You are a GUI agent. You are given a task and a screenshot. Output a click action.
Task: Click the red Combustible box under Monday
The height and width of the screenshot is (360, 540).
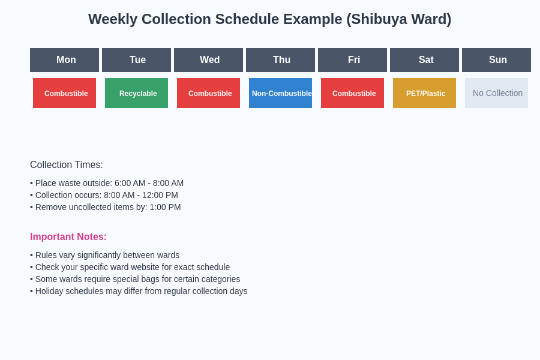(x=64, y=93)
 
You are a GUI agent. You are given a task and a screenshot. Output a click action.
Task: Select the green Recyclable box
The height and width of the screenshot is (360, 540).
(x=136, y=93)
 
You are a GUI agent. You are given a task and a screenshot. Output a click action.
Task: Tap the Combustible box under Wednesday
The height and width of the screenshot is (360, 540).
(x=208, y=93)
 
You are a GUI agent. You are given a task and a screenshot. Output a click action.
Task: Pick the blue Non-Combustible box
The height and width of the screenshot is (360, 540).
(x=280, y=93)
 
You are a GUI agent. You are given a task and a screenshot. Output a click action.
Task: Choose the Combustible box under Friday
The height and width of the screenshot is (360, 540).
(x=352, y=93)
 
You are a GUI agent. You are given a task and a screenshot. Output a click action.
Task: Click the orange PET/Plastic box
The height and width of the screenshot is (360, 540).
(x=424, y=93)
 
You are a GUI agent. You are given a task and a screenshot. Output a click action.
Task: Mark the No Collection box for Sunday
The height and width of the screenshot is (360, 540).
(x=496, y=93)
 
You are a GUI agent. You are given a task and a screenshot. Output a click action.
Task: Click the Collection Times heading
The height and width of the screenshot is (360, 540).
(x=67, y=165)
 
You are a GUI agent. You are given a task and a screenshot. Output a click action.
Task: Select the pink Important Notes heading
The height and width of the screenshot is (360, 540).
(x=68, y=237)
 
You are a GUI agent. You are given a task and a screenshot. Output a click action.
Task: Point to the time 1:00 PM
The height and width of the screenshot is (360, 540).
(x=165, y=207)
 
